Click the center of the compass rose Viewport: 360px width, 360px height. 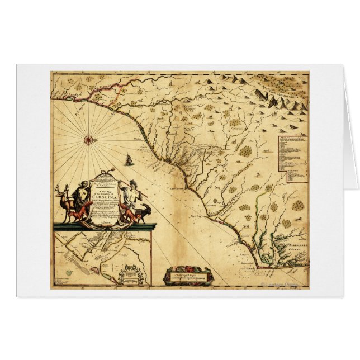(88, 139)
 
